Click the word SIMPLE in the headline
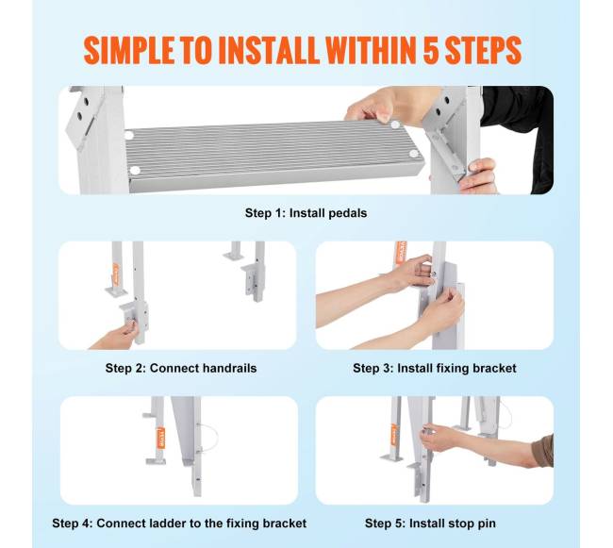[x=128, y=50]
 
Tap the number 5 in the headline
[x=431, y=50]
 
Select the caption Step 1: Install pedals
[x=306, y=213]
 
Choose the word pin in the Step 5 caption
[x=487, y=523]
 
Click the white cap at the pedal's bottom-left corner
[x=135, y=171]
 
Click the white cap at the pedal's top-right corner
[x=395, y=125]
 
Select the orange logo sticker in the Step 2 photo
[x=115, y=274]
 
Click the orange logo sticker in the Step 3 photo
[x=401, y=253]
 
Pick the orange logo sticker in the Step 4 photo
[x=162, y=439]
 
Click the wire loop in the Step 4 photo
[x=209, y=438]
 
